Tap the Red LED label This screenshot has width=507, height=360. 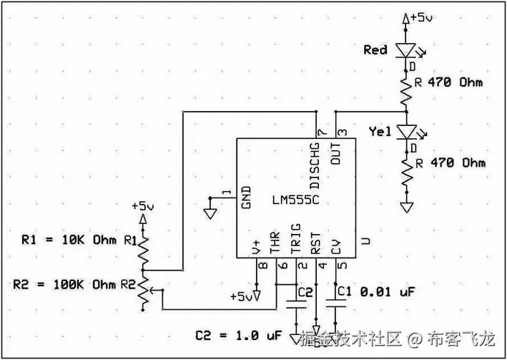tap(375, 50)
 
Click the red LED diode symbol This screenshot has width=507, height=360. tap(408, 51)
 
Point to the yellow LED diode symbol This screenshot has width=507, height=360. tap(408, 132)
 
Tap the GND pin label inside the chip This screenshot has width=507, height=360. tap(245, 197)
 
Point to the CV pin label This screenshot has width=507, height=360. tap(335, 248)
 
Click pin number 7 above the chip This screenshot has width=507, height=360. tap(321, 132)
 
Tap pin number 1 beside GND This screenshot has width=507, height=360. tap(226, 193)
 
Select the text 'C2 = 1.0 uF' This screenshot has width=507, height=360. tap(239, 335)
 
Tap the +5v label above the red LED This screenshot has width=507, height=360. tap(420, 16)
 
